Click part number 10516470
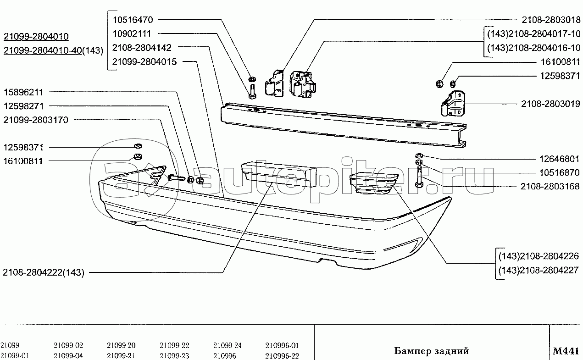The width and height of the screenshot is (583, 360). pyautogui.click(x=133, y=20)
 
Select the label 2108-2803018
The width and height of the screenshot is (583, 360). pyautogui.click(x=551, y=20)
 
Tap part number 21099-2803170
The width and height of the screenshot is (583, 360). pyautogui.click(x=36, y=120)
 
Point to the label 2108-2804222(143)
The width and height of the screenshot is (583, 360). pyautogui.click(x=44, y=272)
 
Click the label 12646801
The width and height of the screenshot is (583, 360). pyautogui.click(x=559, y=159)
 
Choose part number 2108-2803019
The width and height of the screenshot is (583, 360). pyautogui.click(x=550, y=104)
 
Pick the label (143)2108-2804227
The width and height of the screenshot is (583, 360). pyautogui.click(x=539, y=271)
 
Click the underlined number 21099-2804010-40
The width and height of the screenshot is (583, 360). pyautogui.click(x=43, y=50)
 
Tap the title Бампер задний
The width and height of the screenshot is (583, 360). pyautogui.click(x=431, y=351)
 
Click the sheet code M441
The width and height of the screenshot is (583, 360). pyautogui.click(x=565, y=351)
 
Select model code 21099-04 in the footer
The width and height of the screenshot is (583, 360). pyautogui.click(x=68, y=355)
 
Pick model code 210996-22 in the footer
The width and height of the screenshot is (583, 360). pyautogui.click(x=282, y=355)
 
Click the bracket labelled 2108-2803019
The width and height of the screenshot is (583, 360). pyautogui.click(x=453, y=104)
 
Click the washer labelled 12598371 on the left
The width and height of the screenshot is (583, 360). pyautogui.click(x=138, y=146)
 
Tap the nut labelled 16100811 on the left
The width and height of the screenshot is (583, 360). pyautogui.click(x=138, y=157)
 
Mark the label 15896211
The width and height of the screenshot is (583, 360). pyautogui.click(x=23, y=92)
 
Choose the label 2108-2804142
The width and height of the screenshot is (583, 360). pyautogui.click(x=142, y=48)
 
